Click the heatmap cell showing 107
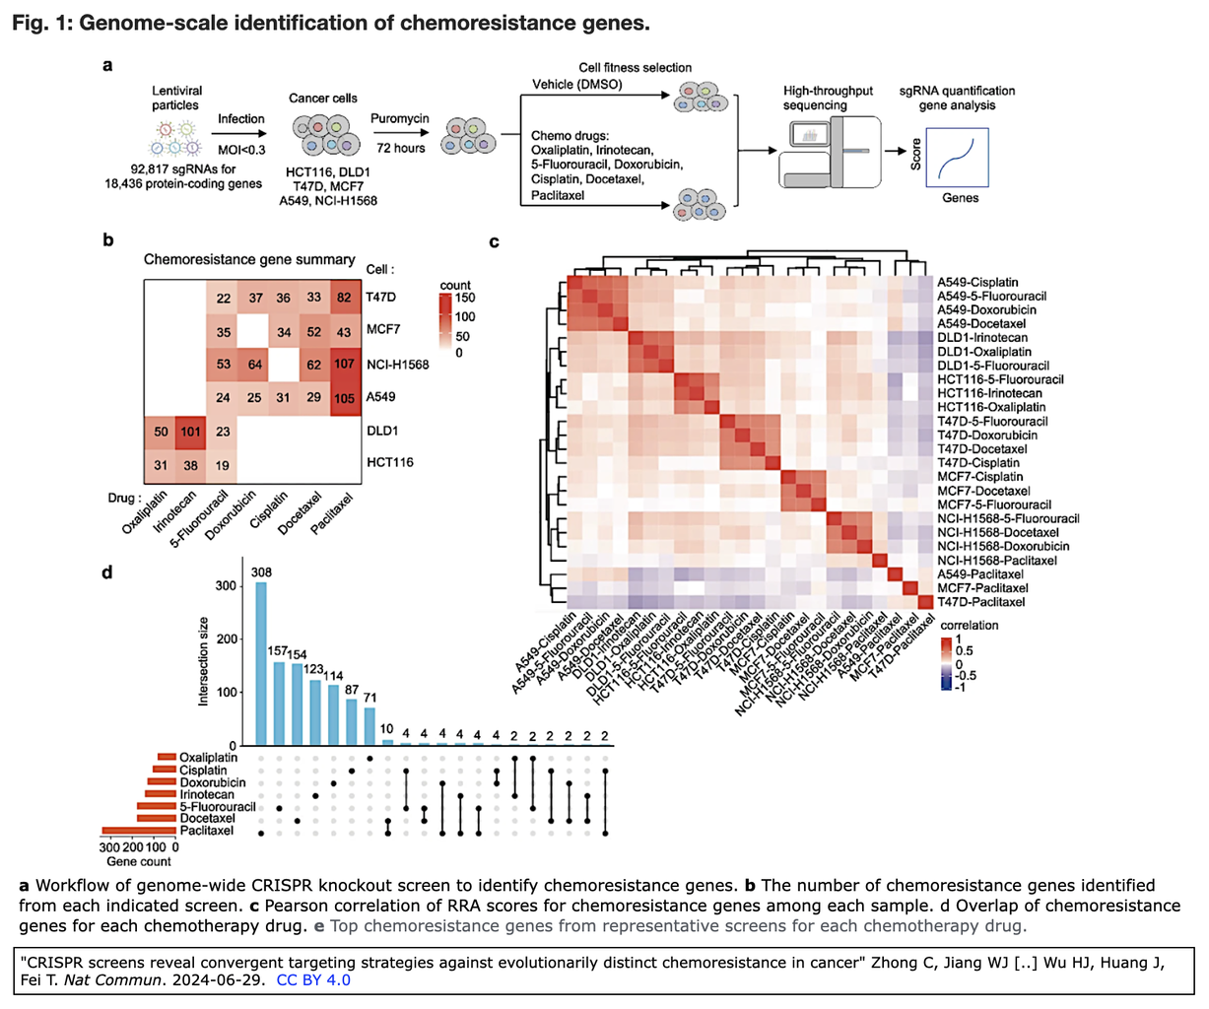[x=344, y=365]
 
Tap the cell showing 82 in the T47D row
[x=344, y=299]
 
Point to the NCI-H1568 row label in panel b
[x=397, y=365]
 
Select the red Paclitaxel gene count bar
[x=138, y=831]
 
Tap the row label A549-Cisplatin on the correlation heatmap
[x=978, y=282]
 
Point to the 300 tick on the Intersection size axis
[x=227, y=585]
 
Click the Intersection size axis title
[x=204, y=661]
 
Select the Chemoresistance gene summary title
[x=249, y=260]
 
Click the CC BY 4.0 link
[x=313, y=979]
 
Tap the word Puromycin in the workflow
[x=399, y=119]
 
